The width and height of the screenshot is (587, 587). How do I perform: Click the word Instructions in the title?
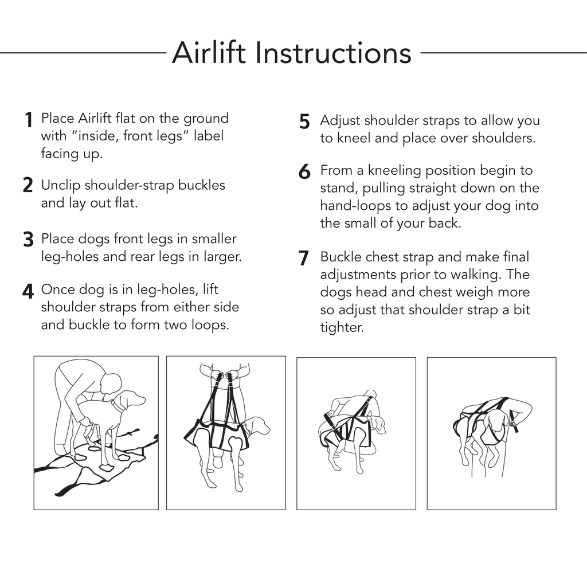(x=333, y=53)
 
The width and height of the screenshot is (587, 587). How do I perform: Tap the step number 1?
(x=28, y=120)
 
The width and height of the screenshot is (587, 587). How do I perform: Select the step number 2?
(x=28, y=186)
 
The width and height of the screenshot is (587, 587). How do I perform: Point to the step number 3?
(x=28, y=240)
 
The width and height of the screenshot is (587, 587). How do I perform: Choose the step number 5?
(x=304, y=122)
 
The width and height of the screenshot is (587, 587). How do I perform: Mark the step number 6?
(x=304, y=172)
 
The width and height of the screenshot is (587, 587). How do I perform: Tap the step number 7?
(x=304, y=259)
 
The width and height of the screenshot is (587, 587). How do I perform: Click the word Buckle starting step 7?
(x=341, y=257)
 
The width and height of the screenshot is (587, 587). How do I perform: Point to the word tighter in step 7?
(x=342, y=328)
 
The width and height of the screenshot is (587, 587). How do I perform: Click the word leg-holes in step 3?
(x=69, y=257)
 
